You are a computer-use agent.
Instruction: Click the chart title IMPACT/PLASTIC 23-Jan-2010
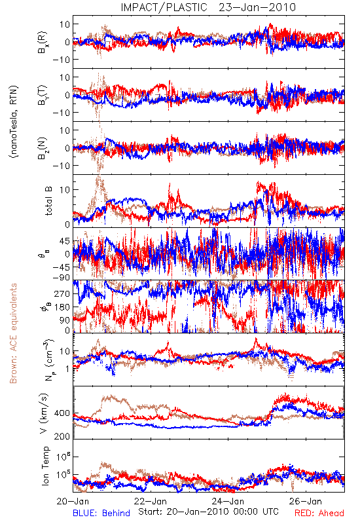point(208,7)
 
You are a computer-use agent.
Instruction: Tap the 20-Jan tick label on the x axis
point(73,501)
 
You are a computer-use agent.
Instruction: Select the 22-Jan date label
point(151,501)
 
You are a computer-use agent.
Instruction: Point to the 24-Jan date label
point(228,501)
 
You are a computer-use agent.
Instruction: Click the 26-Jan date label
point(306,501)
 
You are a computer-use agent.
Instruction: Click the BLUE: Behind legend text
point(101,514)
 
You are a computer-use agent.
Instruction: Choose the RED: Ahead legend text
point(319,514)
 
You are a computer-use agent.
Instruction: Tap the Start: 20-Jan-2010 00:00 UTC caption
point(208,512)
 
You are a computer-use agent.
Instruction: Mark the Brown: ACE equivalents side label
point(13,333)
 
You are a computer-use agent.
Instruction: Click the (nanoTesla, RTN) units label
point(14,122)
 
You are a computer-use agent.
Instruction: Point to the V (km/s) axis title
point(45,414)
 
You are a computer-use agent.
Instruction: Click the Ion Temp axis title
point(45,466)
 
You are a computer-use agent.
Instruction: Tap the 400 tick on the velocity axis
point(62,413)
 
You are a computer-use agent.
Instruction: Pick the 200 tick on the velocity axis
point(62,436)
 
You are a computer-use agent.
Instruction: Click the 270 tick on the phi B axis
point(62,293)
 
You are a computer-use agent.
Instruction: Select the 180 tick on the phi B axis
point(62,307)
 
